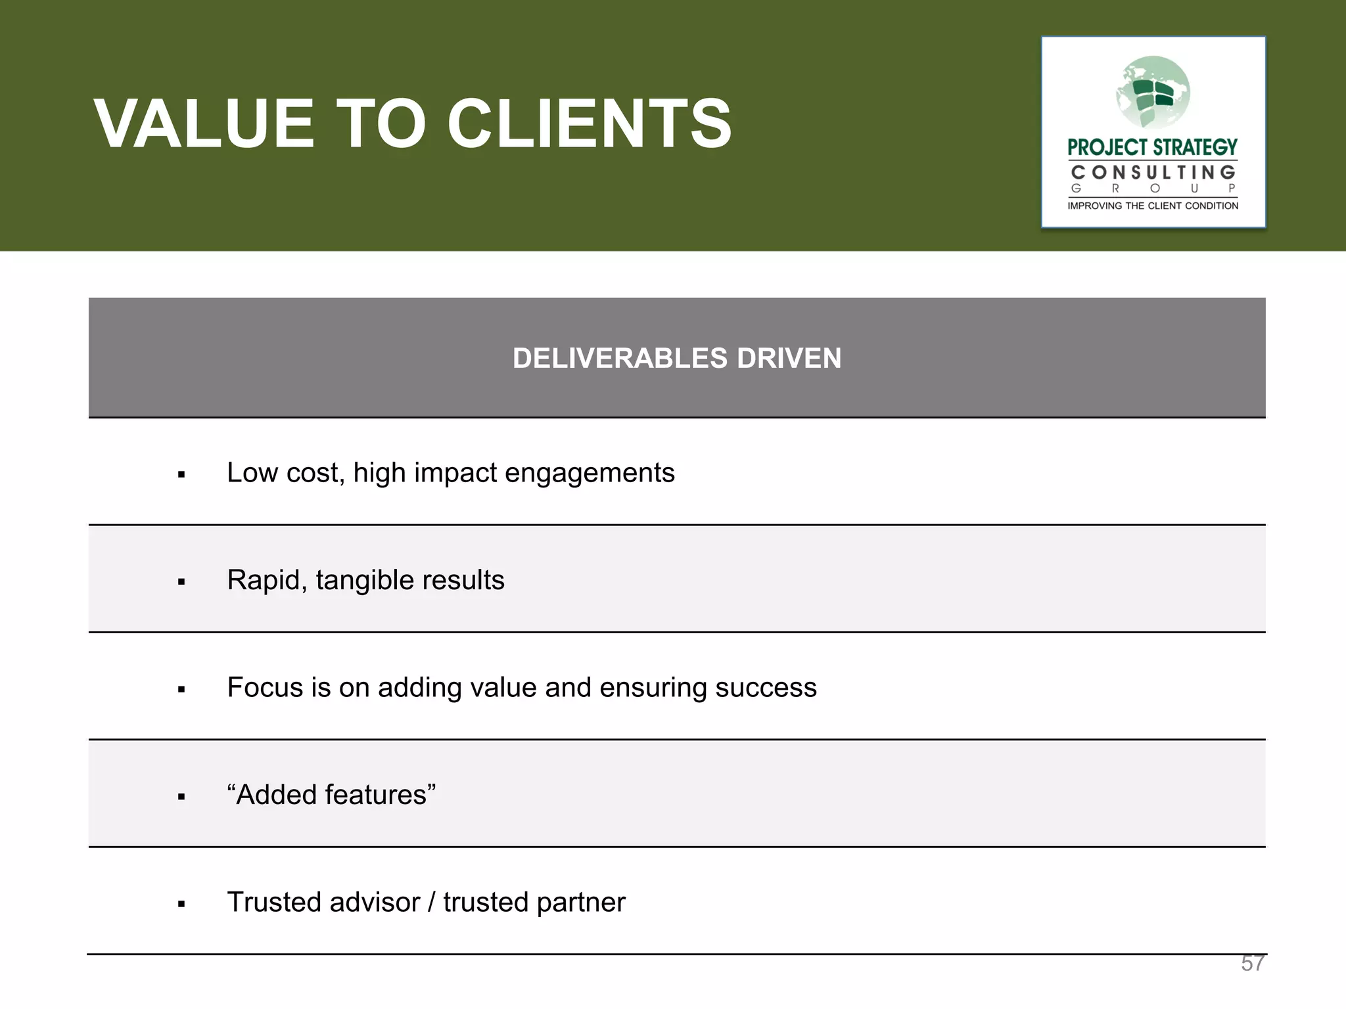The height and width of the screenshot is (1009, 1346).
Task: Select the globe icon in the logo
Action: [1153, 92]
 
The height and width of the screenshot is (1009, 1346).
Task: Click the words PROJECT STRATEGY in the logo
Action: [1152, 147]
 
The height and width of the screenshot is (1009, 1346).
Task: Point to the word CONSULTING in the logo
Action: [1153, 173]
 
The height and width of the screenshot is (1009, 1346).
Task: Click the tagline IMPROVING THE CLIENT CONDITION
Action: [1153, 206]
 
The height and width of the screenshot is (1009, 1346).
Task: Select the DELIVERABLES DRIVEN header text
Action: [676, 359]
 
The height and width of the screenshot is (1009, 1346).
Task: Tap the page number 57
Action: [1253, 963]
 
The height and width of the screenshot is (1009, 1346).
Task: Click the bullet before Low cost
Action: [181, 475]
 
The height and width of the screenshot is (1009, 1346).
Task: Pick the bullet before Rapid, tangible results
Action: [181, 582]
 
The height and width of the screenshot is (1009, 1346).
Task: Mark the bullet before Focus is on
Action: [181, 690]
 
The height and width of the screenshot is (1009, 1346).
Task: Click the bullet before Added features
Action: [181, 797]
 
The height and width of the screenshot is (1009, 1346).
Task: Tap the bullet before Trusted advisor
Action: [181, 905]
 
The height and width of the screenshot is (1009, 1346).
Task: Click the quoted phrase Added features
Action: [331, 795]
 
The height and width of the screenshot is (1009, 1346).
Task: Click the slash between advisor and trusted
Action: [431, 903]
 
